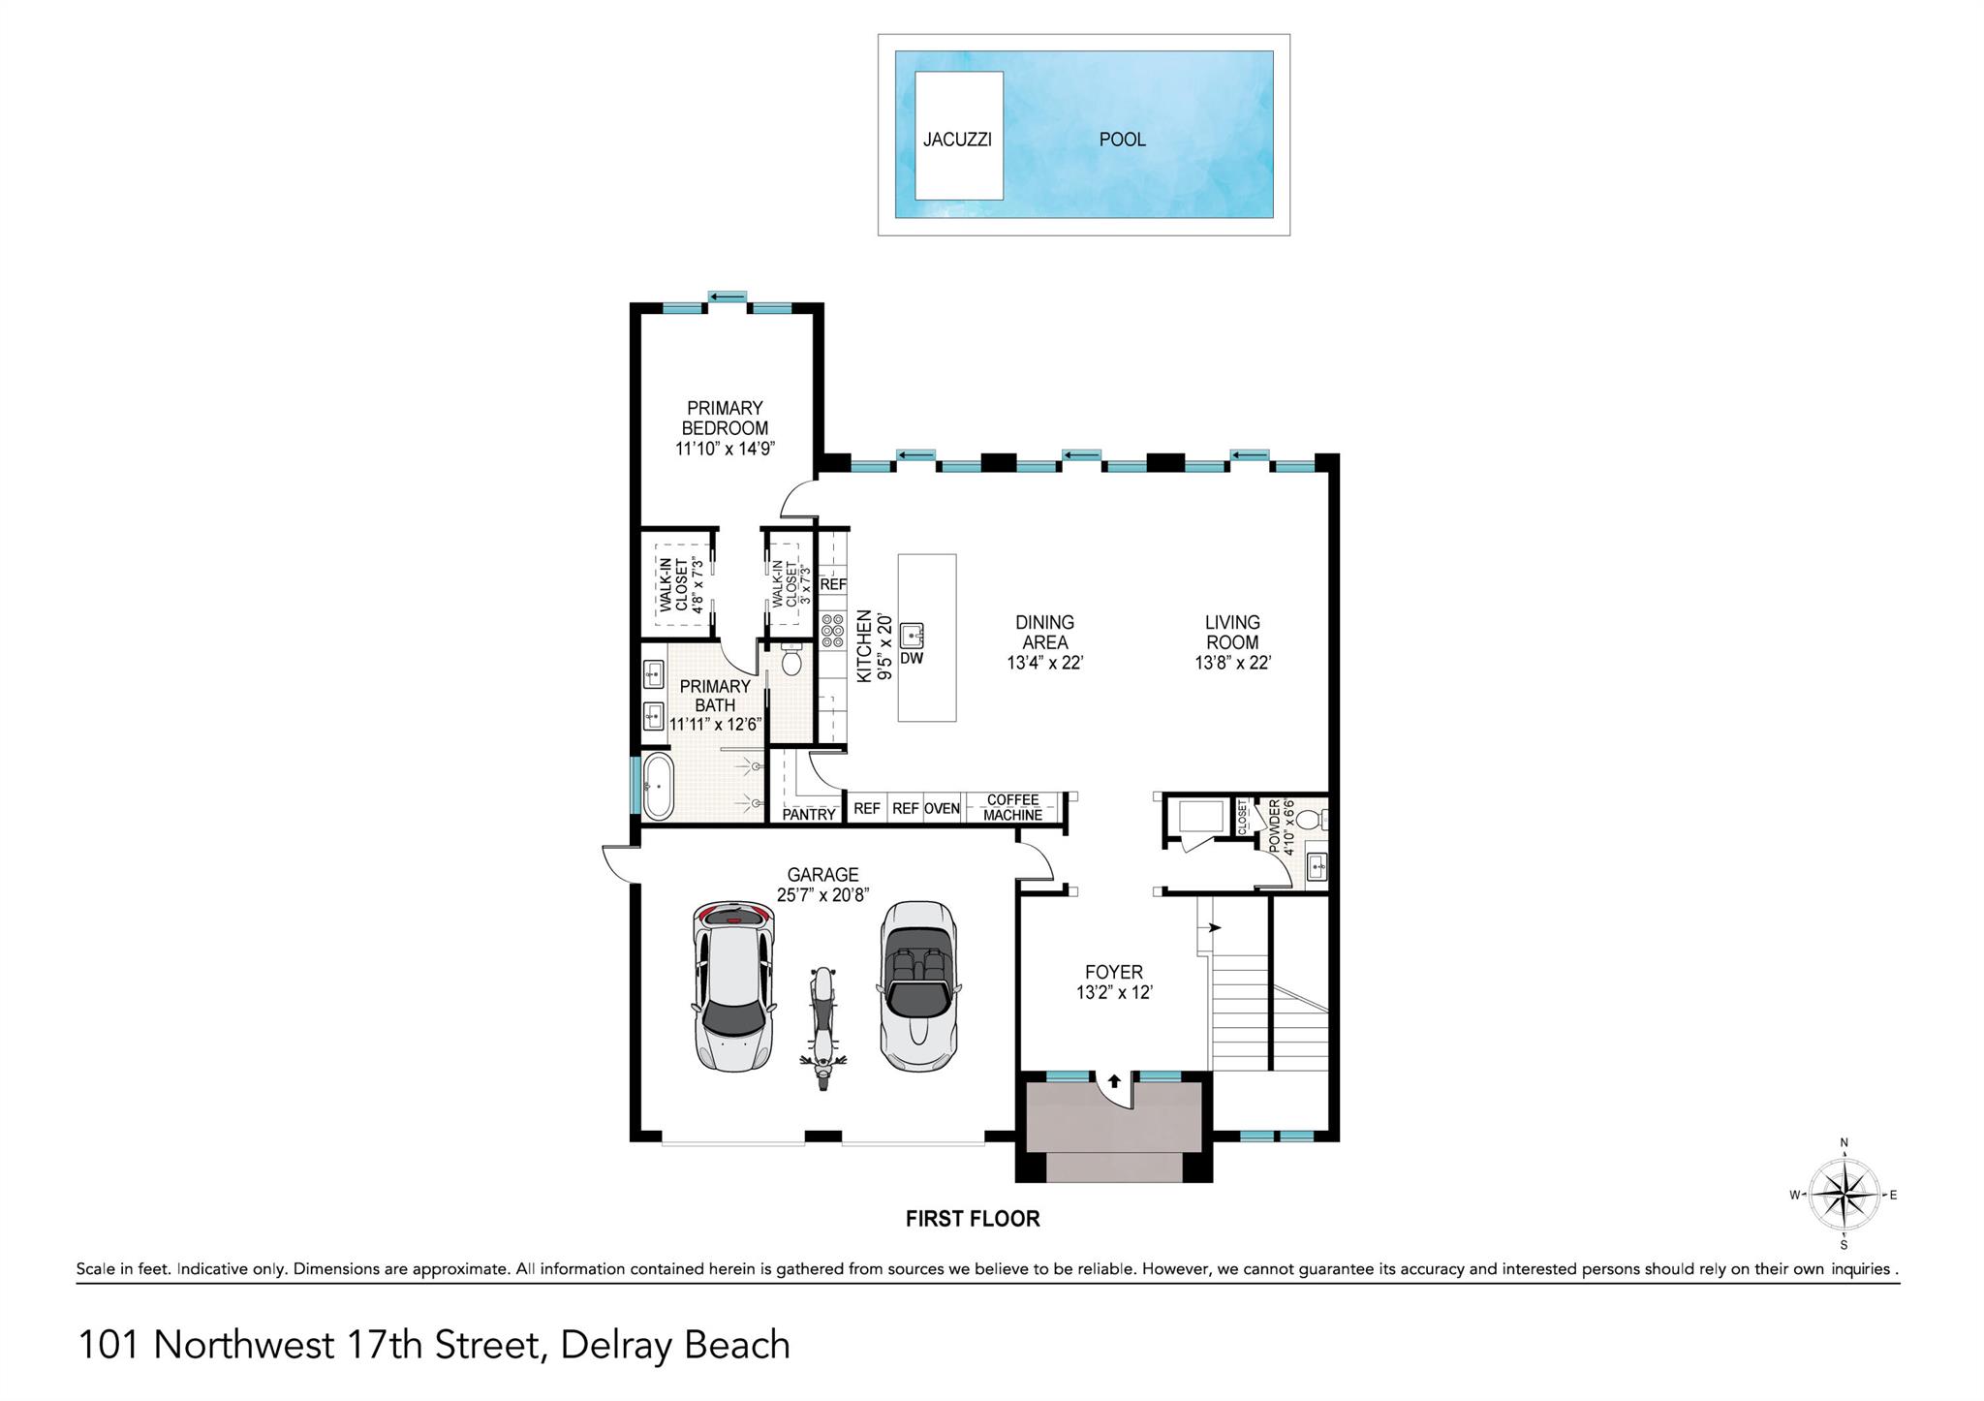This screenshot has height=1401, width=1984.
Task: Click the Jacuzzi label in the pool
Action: [957, 140]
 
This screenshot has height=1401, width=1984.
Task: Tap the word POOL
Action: [1122, 140]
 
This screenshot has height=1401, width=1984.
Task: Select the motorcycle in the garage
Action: [822, 1027]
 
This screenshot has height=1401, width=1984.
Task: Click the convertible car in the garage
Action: [917, 986]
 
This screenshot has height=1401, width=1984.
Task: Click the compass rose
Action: [1844, 1195]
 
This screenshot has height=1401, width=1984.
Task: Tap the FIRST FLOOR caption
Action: [973, 1219]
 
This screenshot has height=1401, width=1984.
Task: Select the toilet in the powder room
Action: [1309, 821]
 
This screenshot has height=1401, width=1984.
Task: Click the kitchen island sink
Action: [913, 636]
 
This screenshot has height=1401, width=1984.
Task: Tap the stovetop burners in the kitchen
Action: [833, 630]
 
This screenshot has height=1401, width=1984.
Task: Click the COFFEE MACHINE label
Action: [1012, 807]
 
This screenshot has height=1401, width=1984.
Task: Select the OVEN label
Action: [942, 809]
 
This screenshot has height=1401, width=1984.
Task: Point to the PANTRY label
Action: [809, 815]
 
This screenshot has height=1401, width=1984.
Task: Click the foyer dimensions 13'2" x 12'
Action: [1114, 993]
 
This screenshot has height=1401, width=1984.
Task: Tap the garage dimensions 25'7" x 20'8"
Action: [822, 895]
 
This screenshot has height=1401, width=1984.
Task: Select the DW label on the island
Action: [912, 659]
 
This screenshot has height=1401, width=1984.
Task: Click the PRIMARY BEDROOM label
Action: [726, 418]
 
